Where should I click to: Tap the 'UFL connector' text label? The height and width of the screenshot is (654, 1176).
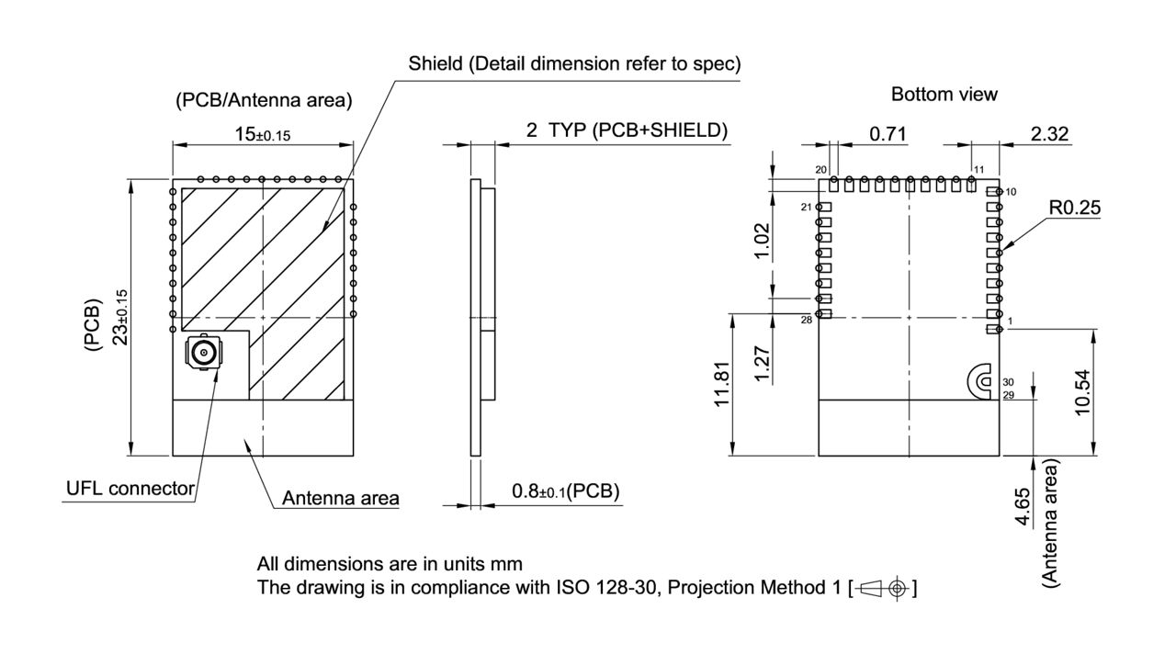(x=130, y=488)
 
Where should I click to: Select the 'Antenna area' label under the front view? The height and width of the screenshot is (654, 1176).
(x=340, y=499)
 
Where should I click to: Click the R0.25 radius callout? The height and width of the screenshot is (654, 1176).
(x=1074, y=209)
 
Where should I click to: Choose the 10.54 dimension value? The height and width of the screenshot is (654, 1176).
(x=1082, y=392)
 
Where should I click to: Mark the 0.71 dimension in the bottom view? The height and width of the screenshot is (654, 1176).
(x=888, y=135)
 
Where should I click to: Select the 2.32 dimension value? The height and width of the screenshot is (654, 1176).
(x=1049, y=135)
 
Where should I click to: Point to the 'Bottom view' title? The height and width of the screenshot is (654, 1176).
(x=944, y=94)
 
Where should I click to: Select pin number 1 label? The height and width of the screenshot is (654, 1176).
(x=1010, y=321)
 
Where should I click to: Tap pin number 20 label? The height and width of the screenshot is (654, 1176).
(x=821, y=170)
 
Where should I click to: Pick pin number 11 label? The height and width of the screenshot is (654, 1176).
(x=978, y=170)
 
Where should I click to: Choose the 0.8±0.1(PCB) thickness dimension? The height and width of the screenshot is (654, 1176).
(x=565, y=491)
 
